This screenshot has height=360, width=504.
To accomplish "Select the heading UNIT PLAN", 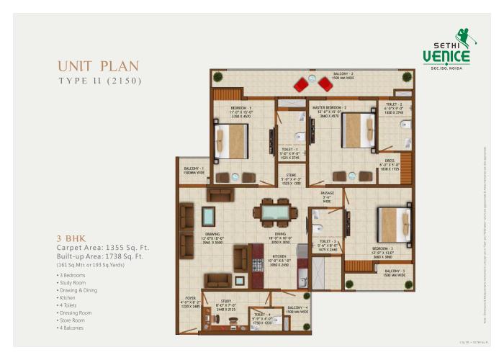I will click(x=99, y=66).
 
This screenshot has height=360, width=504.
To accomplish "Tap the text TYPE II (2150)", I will click(x=99, y=81).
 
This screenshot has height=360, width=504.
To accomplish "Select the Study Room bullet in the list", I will click(x=76, y=283).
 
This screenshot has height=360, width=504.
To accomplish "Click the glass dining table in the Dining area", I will click(x=274, y=212).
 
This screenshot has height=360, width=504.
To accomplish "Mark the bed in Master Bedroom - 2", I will click(x=358, y=130).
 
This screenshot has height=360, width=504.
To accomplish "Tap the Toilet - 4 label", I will click(x=261, y=315).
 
